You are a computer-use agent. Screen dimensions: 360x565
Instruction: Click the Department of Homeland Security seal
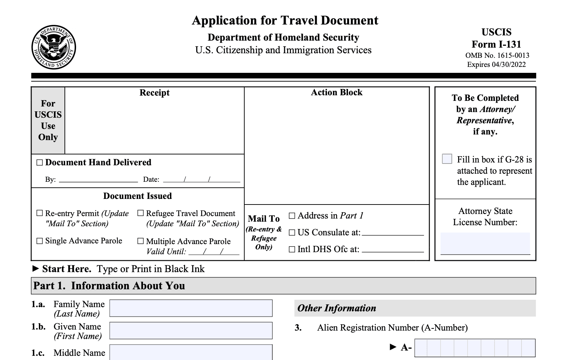(x=54, y=47)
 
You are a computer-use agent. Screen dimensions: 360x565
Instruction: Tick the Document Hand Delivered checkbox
(x=40, y=162)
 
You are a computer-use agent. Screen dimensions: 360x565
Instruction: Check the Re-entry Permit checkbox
(x=40, y=213)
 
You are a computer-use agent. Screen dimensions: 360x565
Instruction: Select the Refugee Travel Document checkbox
(x=141, y=213)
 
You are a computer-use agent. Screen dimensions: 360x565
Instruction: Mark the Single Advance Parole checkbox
(x=40, y=241)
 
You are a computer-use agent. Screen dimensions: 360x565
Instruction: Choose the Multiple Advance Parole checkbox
(x=141, y=241)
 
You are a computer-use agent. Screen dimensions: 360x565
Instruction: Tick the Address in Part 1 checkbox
(x=292, y=216)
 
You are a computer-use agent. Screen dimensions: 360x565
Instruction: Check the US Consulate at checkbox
(x=292, y=233)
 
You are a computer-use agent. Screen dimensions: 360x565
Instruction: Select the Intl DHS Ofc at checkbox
(x=292, y=249)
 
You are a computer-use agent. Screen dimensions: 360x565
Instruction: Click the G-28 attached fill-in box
(x=447, y=159)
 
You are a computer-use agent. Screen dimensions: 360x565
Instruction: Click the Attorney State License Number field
(x=485, y=243)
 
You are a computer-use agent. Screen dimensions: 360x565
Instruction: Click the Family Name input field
(x=191, y=308)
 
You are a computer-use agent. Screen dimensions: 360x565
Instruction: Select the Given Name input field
(x=191, y=331)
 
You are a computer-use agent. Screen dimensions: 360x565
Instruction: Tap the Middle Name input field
(x=191, y=352)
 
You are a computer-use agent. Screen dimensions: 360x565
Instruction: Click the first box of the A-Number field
(x=421, y=348)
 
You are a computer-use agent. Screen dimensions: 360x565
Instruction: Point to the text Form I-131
(x=496, y=44)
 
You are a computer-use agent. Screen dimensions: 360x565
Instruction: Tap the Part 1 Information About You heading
(x=109, y=286)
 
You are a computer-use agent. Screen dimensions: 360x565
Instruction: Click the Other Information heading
(x=336, y=308)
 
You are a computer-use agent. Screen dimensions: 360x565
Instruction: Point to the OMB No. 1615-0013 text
(x=497, y=55)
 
